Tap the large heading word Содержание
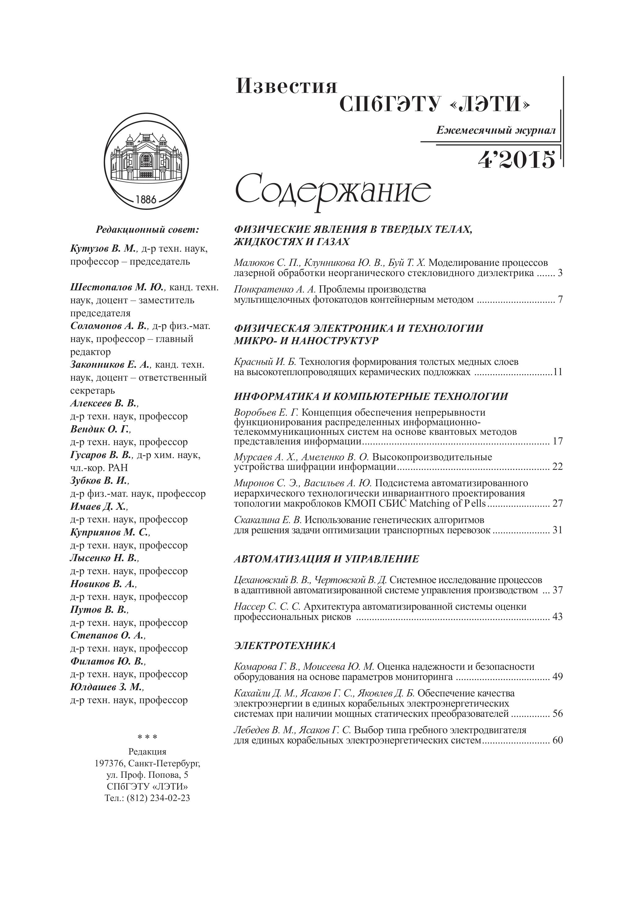coord(333,192)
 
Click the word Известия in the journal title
coord(287,86)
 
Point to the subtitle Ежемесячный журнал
coord(496,131)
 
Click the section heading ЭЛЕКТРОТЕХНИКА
coord(285,646)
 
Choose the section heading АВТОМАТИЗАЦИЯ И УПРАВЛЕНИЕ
coord(326,559)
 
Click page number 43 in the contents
coord(557,617)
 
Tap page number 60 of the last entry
coord(557,740)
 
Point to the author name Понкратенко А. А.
coord(275,289)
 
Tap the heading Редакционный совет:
coord(147,229)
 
